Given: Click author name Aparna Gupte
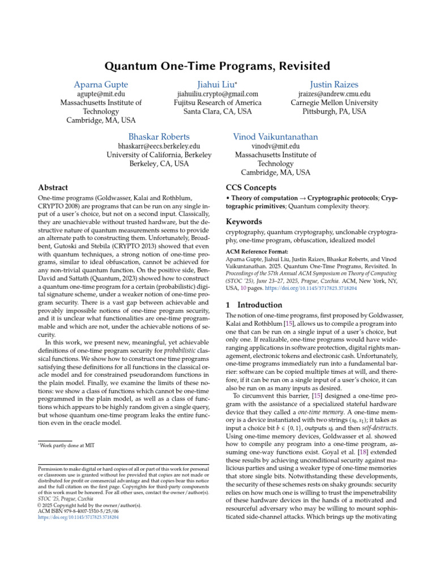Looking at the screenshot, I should tap(101, 83).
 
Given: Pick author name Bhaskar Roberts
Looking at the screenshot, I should tap(159, 137).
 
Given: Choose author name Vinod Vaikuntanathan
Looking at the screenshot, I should tap(275, 137).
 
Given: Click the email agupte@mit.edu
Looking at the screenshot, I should tap(101, 94).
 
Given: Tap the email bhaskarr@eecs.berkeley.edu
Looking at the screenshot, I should tap(159, 146).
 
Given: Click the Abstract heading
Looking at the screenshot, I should tap(53, 187).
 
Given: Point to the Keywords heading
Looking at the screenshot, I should tap(244, 222).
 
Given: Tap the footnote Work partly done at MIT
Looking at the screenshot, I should tap(65, 430).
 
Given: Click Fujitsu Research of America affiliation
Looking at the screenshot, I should tap(217, 103).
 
